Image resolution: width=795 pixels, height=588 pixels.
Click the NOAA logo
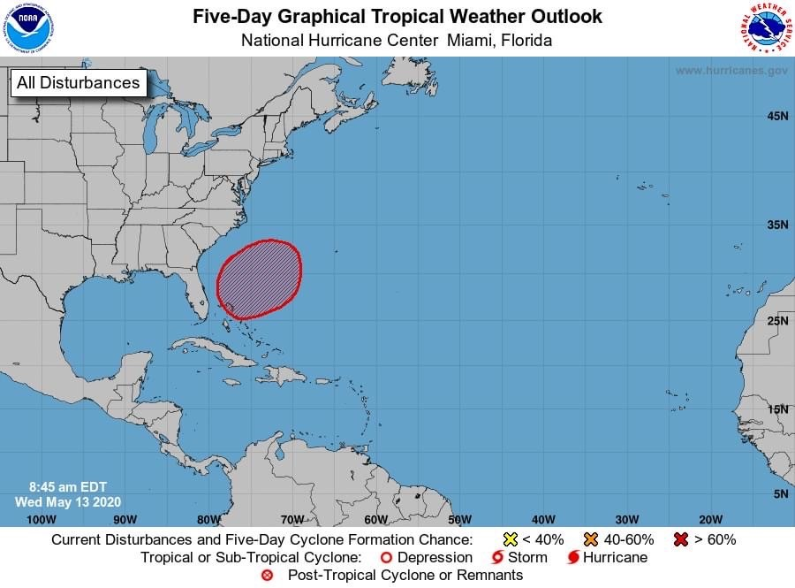(29, 29)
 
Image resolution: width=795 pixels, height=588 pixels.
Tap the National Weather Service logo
(764, 29)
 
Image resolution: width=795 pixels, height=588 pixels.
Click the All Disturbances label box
(79, 83)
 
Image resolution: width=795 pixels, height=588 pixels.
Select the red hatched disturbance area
(259, 278)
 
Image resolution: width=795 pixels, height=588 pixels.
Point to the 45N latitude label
(777, 116)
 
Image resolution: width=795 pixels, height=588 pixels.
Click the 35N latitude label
(777, 225)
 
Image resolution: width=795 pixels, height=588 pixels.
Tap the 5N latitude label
(780, 494)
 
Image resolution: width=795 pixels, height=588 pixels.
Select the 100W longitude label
(41, 519)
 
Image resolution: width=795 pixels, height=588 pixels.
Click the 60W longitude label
(375, 519)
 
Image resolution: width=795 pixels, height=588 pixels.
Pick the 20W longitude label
(710, 519)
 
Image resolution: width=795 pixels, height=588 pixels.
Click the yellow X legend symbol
(510, 539)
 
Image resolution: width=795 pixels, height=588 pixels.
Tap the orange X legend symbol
(591, 539)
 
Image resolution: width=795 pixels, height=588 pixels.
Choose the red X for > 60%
(680, 539)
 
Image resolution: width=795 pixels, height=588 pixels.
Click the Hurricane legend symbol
(573, 558)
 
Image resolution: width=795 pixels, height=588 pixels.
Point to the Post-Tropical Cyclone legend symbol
(268, 576)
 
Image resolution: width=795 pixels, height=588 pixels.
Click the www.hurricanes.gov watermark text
(731, 71)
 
